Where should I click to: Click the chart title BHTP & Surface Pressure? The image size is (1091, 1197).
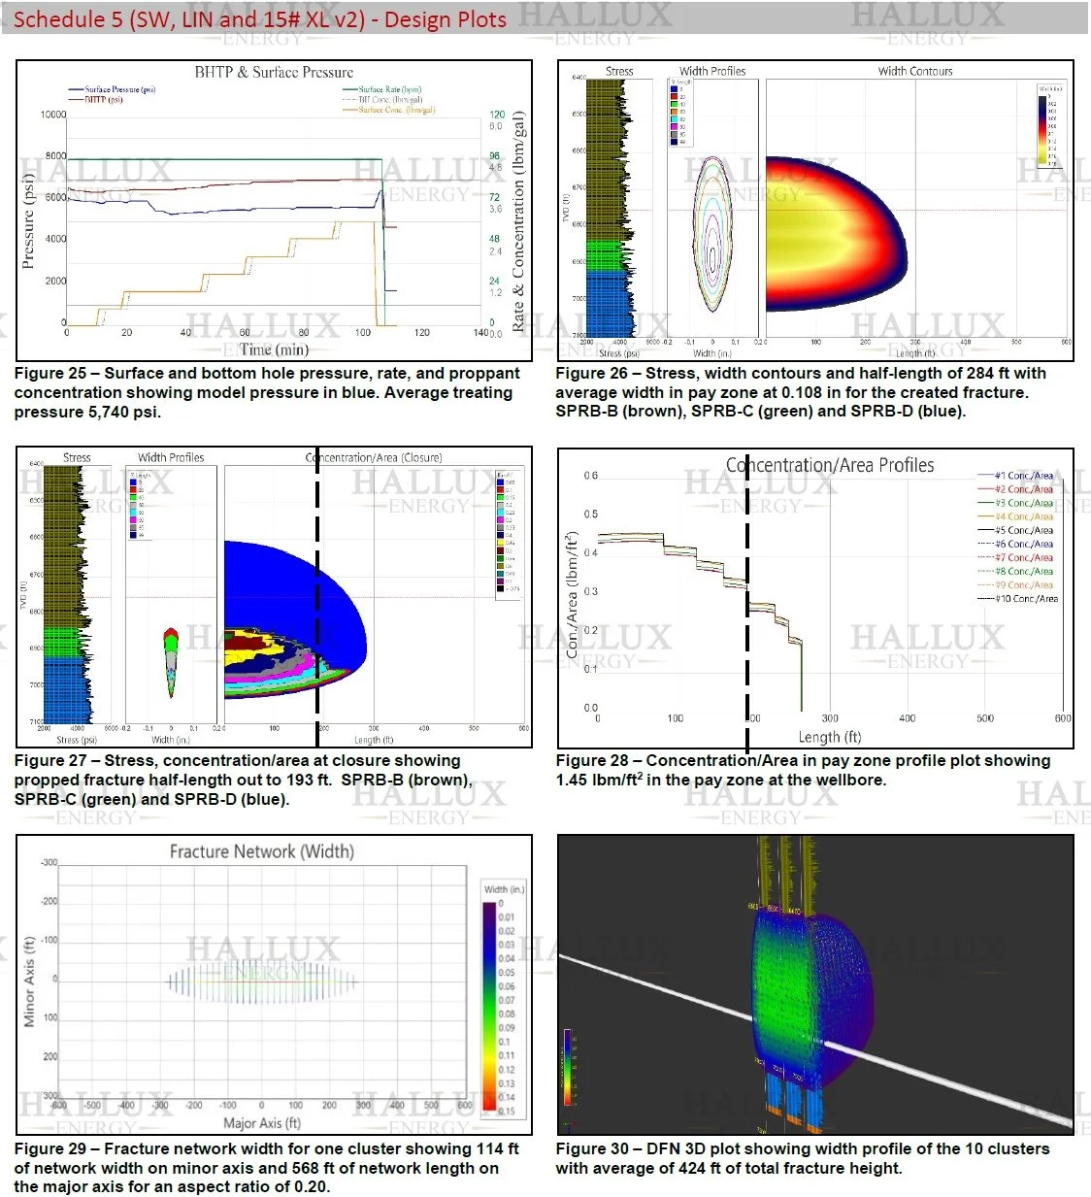pyautogui.click(x=274, y=73)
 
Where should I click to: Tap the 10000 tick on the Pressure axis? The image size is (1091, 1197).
pyautogui.click(x=53, y=115)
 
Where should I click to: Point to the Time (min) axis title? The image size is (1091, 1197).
pyautogui.click(x=274, y=349)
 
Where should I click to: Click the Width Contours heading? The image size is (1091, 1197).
pyautogui.click(x=915, y=71)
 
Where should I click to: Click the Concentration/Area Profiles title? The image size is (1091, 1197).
pyautogui.click(x=830, y=466)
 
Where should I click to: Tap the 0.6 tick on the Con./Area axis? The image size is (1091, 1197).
pyautogui.click(x=590, y=476)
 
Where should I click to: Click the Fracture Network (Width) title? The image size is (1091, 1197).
pyautogui.click(x=262, y=851)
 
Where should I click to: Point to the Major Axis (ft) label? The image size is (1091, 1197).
pyautogui.click(x=262, y=1123)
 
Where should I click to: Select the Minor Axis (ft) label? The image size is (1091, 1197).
pyautogui.click(x=29, y=981)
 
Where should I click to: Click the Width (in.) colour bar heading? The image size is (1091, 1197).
pyautogui.click(x=504, y=889)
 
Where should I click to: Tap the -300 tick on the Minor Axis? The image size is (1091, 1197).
pyautogui.click(x=49, y=863)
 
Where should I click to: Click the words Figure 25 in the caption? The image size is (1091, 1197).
pyautogui.click(x=50, y=374)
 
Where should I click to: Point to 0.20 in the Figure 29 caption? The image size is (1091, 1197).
pyautogui.click(x=314, y=1187)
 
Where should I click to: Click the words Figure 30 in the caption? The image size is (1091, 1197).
pyautogui.click(x=592, y=1149)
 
